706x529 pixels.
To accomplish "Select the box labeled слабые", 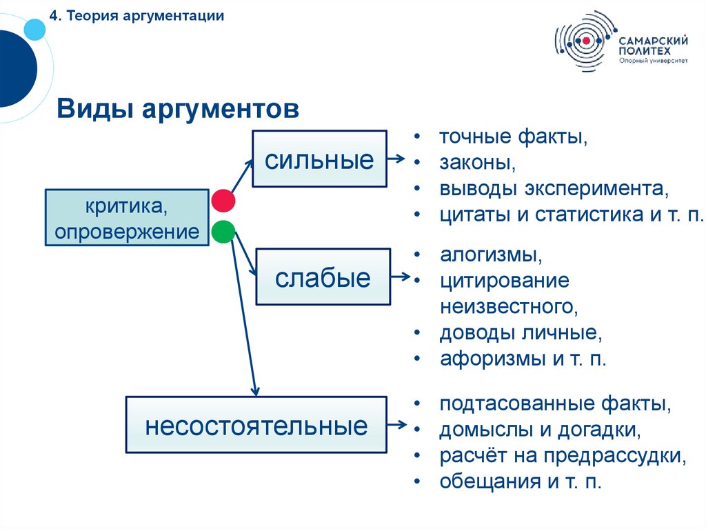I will pyautogui.click(x=323, y=277).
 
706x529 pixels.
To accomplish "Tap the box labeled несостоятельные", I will pyautogui.click(x=256, y=425).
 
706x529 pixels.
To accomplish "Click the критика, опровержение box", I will pyautogui.click(x=127, y=217).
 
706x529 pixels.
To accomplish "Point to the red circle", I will pyautogui.click(x=223, y=201).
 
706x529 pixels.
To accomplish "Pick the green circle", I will pyautogui.click(x=223, y=232).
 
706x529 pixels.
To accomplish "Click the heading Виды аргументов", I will pyautogui.click(x=178, y=109).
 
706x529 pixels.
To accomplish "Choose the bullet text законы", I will pyautogui.click(x=477, y=163).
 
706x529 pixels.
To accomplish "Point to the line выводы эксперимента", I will pyautogui.click(x=554, y=188).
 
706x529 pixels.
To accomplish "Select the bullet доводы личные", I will pyautogui.click(x=521, y=333).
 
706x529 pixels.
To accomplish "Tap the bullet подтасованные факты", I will pyautogui.click(x=555, y=403).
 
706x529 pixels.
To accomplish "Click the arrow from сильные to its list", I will pyautogui.click(x=396, y=159).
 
